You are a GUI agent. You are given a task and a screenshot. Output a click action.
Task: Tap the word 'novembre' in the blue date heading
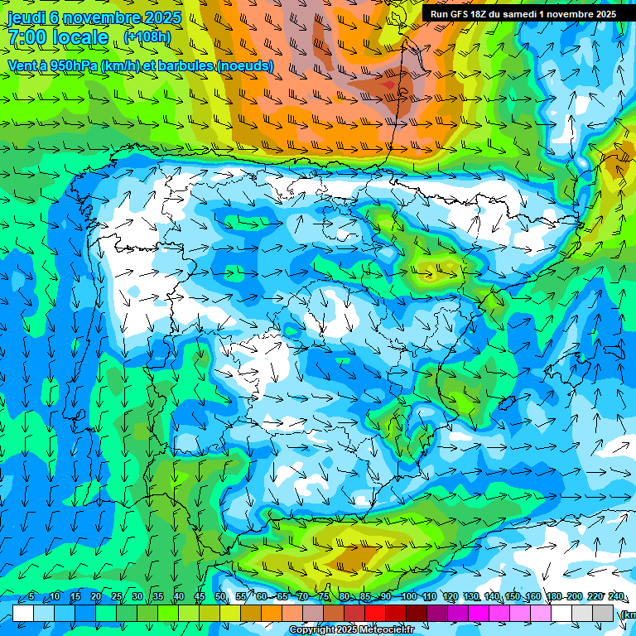(104, 17)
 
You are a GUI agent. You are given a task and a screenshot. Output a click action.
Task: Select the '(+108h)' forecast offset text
(147, 36)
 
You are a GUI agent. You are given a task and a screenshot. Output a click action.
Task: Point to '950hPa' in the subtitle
(70, 65)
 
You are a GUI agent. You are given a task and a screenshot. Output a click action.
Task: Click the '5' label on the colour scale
(31, 597)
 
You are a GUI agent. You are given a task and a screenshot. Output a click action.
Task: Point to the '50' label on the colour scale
(220, 597)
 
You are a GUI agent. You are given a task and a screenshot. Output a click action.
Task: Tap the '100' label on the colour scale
(408, 597)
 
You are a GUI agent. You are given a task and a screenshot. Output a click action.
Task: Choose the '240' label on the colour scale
(617, 597)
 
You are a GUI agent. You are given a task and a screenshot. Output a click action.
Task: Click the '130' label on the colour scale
(471, 597)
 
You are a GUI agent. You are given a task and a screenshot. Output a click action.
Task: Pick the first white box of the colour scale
(23, 613)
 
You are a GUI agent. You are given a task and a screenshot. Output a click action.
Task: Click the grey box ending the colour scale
(604, 613)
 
